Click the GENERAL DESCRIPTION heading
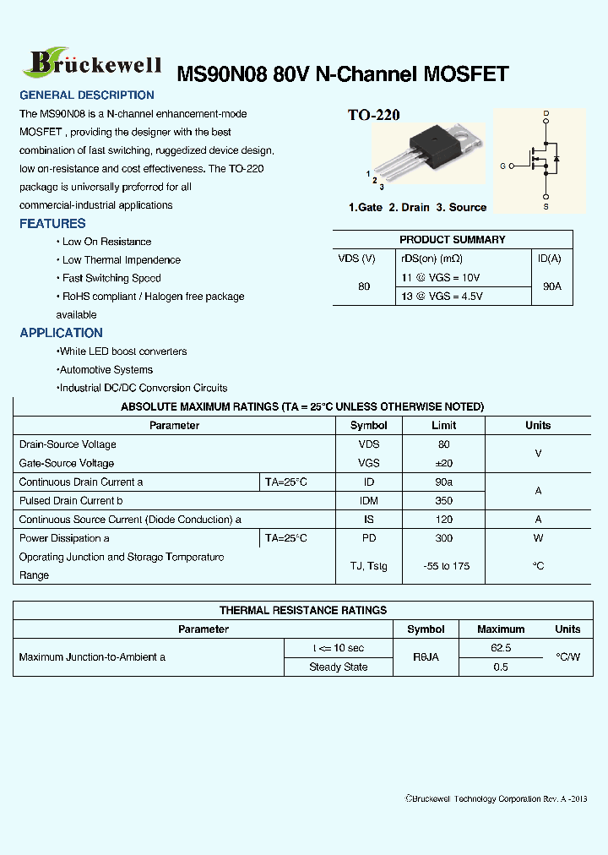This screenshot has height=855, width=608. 87,95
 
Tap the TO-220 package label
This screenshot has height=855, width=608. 374,115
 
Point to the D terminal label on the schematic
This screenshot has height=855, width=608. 546,113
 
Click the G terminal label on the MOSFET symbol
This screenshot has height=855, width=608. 502,166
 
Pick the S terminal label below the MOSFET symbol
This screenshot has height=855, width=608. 546,206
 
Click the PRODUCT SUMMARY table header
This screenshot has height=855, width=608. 452,240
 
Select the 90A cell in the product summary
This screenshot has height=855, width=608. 552,286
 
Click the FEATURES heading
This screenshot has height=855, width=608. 52,224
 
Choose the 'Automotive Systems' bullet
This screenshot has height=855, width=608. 106,370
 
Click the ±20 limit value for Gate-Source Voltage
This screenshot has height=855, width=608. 443,463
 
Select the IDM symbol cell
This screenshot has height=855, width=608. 369,501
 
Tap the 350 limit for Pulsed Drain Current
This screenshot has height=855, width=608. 443,501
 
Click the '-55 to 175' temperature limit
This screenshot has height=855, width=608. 443,566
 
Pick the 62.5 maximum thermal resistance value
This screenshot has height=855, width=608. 501,648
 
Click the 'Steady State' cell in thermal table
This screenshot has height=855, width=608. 338,667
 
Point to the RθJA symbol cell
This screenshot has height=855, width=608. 426,657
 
